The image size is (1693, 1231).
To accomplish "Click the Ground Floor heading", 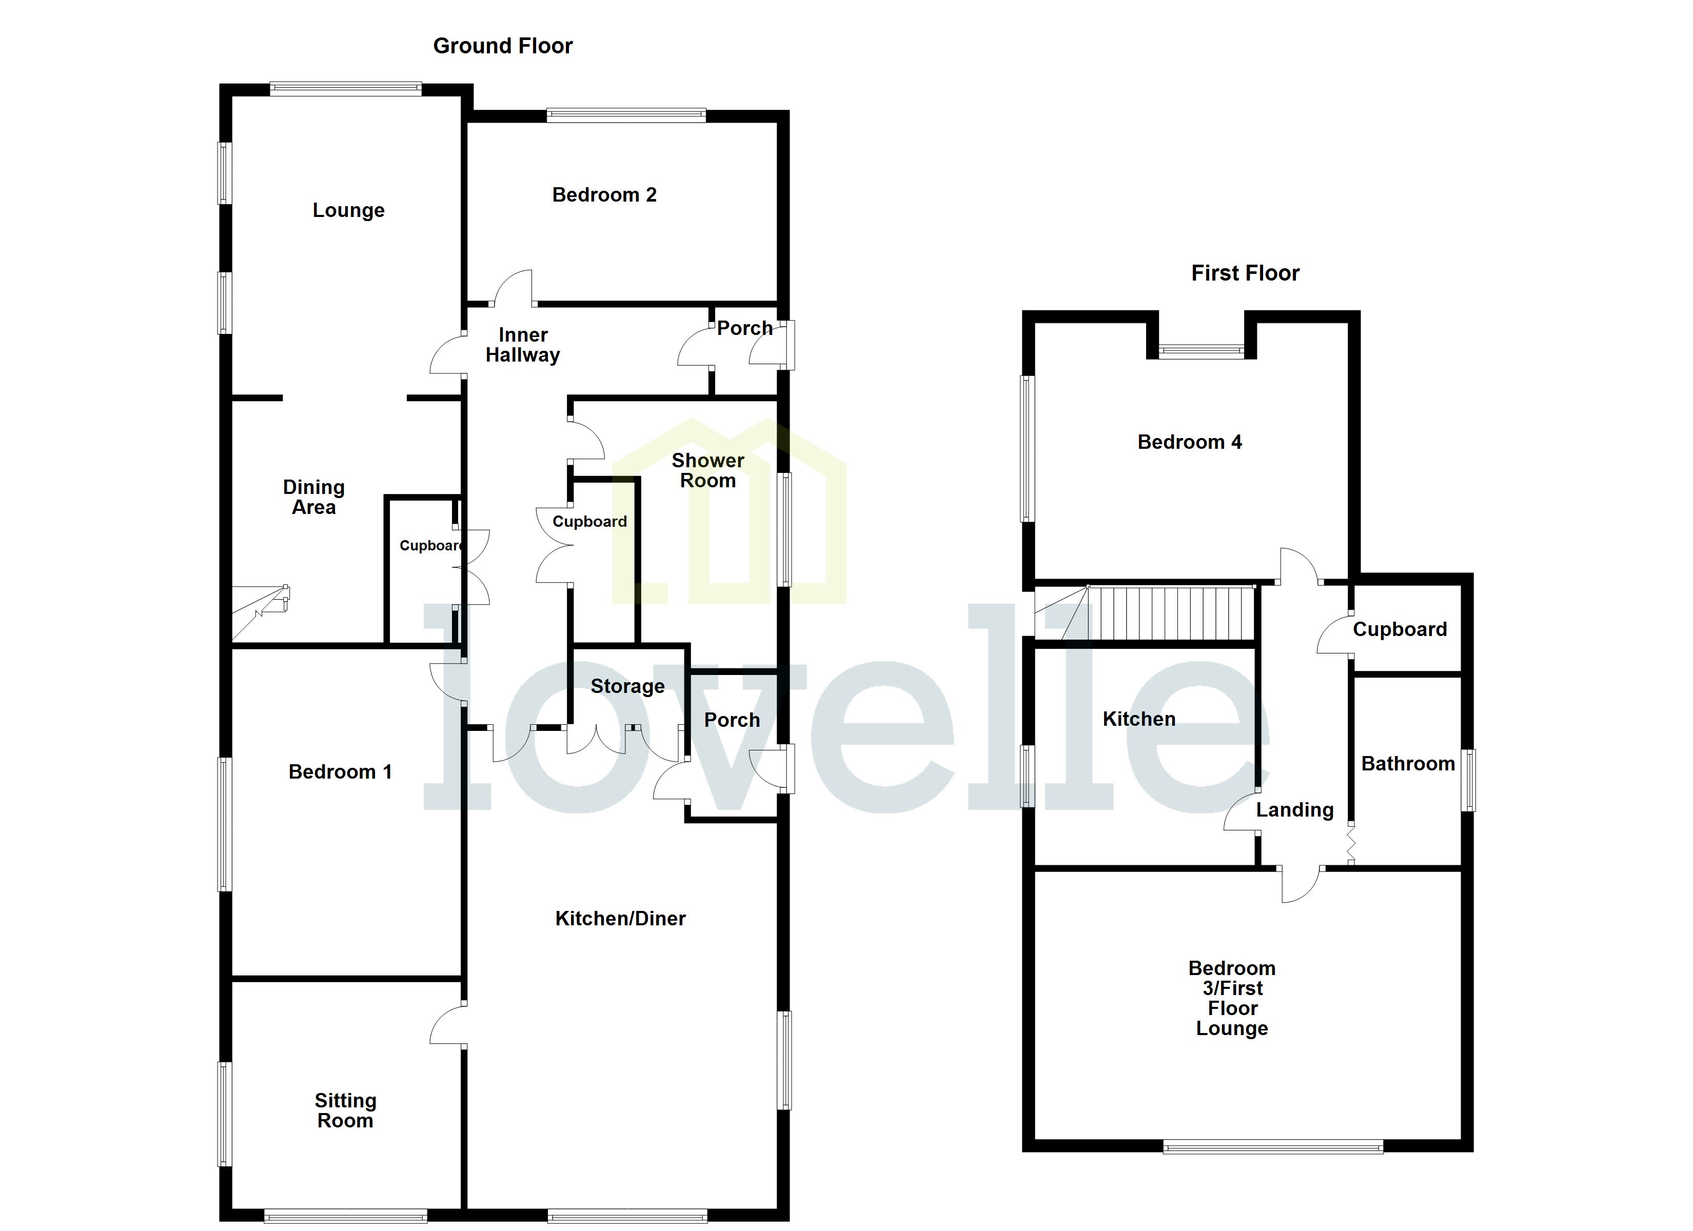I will [502, 46].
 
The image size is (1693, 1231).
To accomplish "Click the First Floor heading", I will [1245, 273].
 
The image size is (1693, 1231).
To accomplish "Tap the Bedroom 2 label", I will [604, 195].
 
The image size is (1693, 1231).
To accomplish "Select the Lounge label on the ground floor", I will [348, 210].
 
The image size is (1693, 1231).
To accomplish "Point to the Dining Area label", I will [313, 497].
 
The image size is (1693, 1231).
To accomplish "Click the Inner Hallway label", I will [523, 345].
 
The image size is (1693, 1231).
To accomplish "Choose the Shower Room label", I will [707, 470].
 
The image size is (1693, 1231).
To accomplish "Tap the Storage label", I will [627, 686].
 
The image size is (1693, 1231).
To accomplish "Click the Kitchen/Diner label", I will [620, 918].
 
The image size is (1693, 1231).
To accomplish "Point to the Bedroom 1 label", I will [340, 772].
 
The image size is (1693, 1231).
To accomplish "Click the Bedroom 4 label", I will [1189, 442].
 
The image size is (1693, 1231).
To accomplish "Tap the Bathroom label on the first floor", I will [1408, 764].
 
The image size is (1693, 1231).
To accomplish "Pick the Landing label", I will [1294, 810].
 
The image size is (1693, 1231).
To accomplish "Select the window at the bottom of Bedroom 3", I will [1273, 1147].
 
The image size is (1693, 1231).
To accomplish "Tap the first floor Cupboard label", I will [1400, 629].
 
